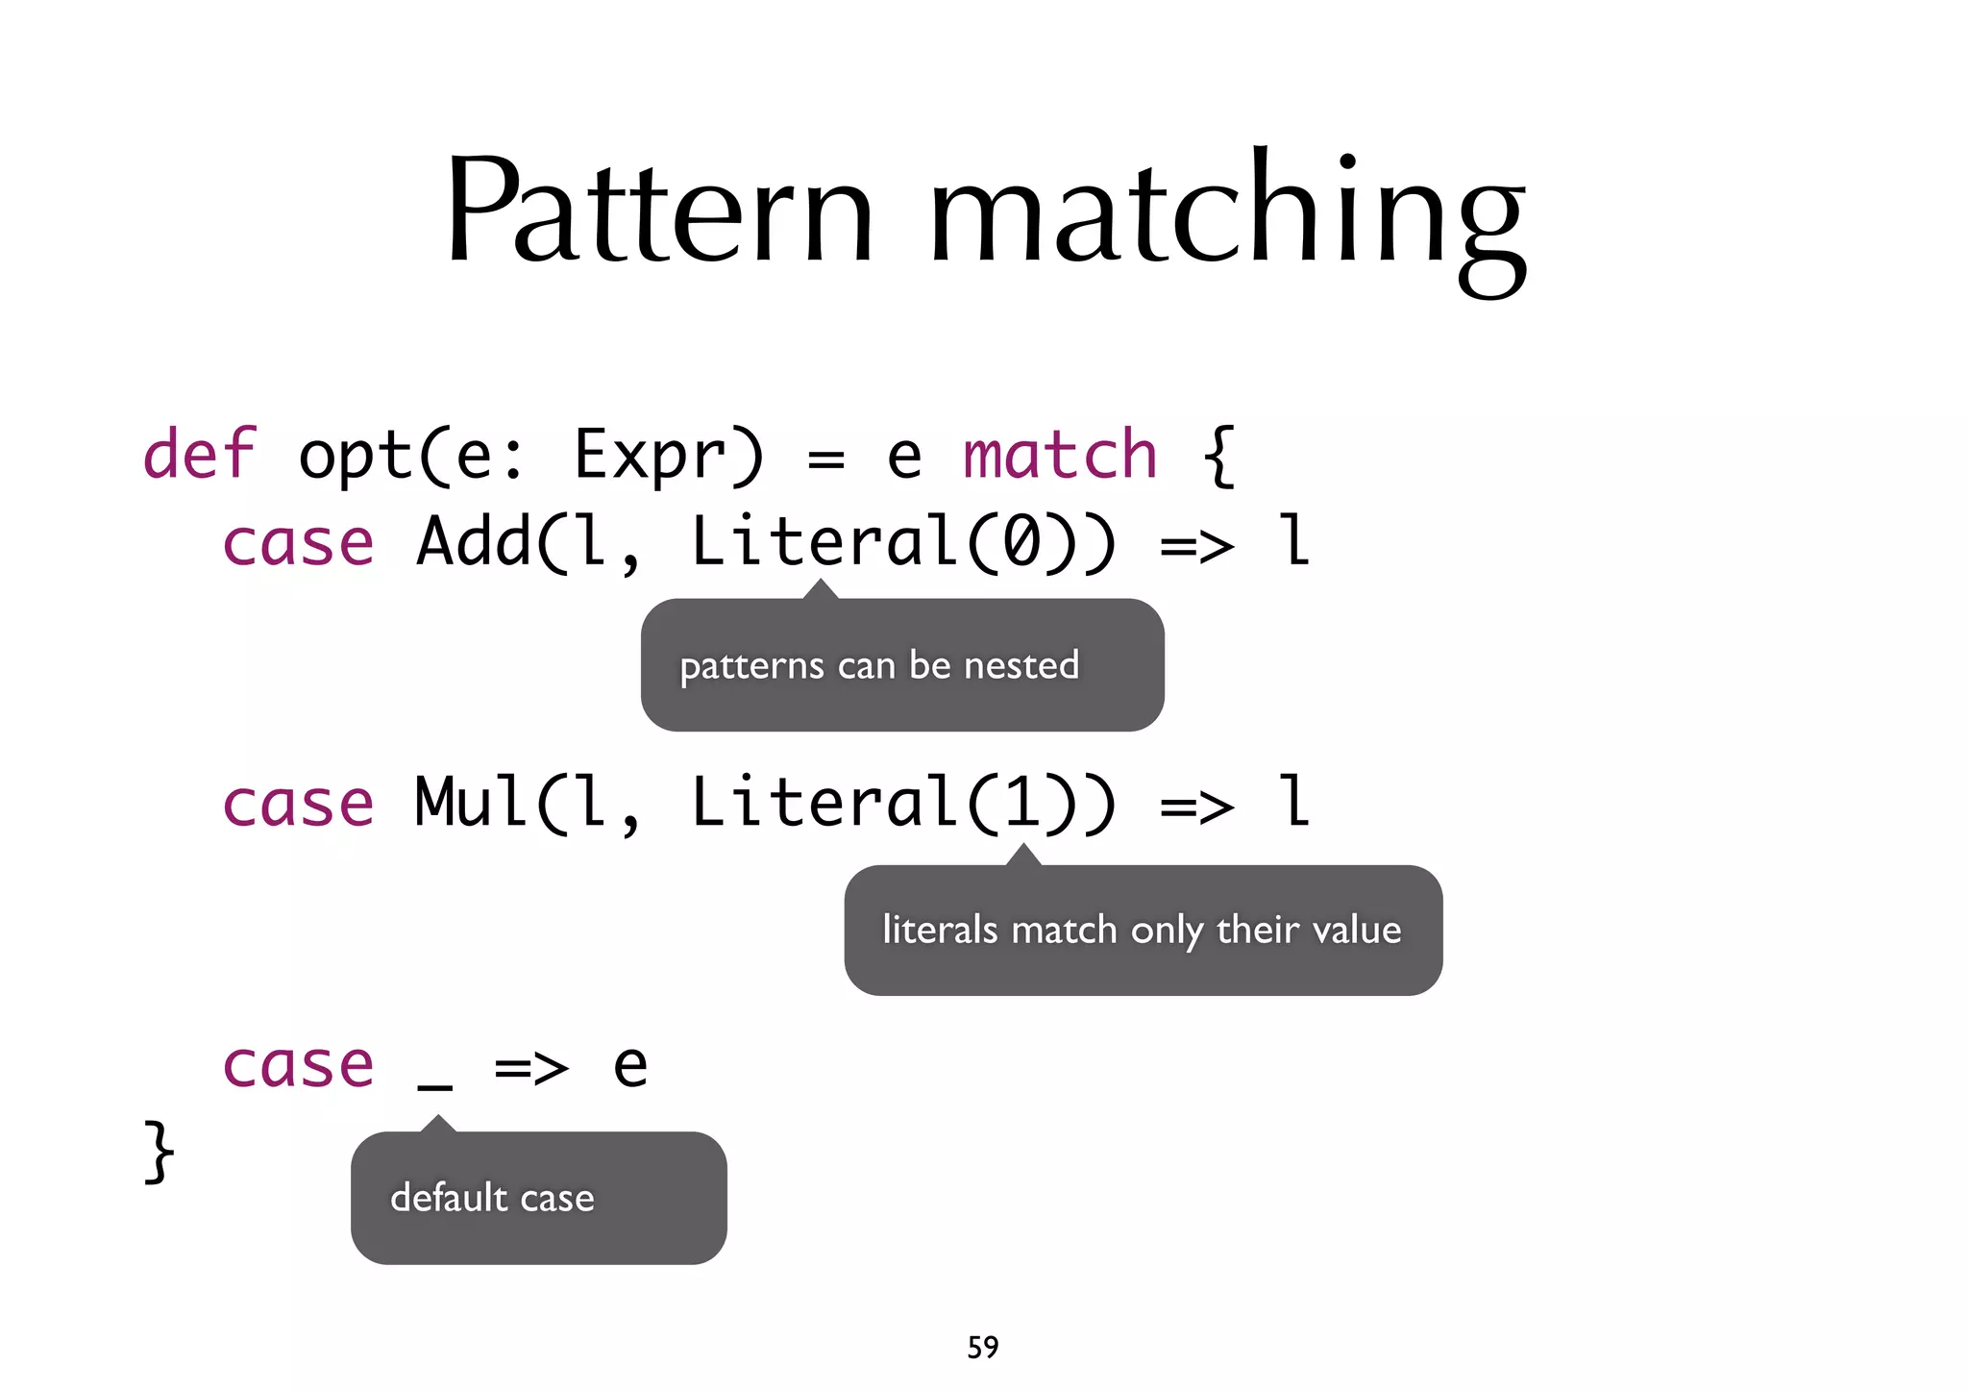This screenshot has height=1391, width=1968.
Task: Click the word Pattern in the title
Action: (x=659, y=210)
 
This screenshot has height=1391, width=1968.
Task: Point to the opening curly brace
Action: (x=1218, y=456)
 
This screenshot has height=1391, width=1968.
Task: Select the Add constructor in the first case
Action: (x=474, y=540)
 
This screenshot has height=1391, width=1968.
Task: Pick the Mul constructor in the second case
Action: (x=471, y=802)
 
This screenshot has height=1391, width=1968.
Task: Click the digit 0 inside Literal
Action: (x=1021, y=542)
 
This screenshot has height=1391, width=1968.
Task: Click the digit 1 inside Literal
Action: (x=1021, y=803)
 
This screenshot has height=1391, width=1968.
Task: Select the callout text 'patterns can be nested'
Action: (x=879, y=665)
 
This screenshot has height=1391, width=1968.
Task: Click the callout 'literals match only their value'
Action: (x=1142, y=930)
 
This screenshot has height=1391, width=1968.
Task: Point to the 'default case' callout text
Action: (x=492, y=1198)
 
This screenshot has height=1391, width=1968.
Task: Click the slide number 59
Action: (x=982, y=1347)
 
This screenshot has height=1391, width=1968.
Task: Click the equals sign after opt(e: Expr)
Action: (x=825, y=459)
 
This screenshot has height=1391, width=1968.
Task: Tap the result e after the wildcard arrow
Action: (x=630, y=1066)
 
